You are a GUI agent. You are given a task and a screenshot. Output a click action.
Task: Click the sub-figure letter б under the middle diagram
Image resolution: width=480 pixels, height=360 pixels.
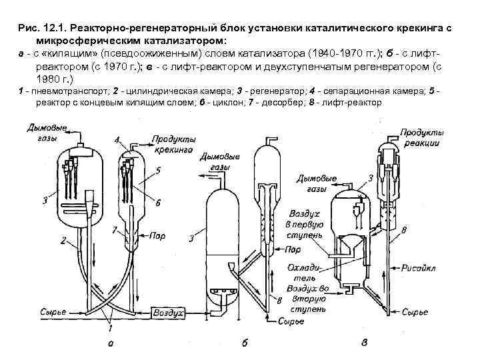click(x=245, y=344)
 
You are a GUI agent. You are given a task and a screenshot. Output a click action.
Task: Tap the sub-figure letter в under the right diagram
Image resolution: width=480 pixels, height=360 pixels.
click(x=365, y=343)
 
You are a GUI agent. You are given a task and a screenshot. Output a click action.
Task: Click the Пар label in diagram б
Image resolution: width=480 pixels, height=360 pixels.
click(x=291, y=250)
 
